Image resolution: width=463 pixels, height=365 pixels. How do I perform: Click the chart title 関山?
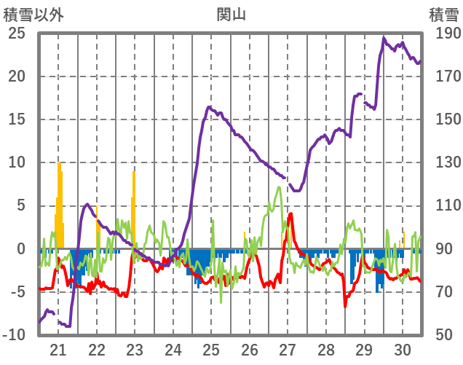[x=231, y=14]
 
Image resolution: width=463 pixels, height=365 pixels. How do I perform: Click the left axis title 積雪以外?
[x=33, y=14]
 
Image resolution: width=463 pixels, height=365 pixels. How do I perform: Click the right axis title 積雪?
[x=443, y=14]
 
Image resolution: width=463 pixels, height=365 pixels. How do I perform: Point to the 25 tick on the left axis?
[x=17, y=34]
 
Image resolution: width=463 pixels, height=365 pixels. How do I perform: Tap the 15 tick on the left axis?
[x=17, y=119]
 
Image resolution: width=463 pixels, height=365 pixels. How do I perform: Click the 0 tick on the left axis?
[x=21, y=249]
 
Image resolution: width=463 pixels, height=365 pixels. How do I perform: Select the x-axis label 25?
[x=211, y=349]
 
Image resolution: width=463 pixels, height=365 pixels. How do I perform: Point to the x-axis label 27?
[x=288, y=349]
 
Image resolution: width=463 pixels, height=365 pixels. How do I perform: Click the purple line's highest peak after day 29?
[x=384, y=38]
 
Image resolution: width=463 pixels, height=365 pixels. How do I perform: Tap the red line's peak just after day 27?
[x=291, y=213]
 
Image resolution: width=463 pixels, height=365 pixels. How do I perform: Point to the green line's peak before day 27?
[x=279, y=187]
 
